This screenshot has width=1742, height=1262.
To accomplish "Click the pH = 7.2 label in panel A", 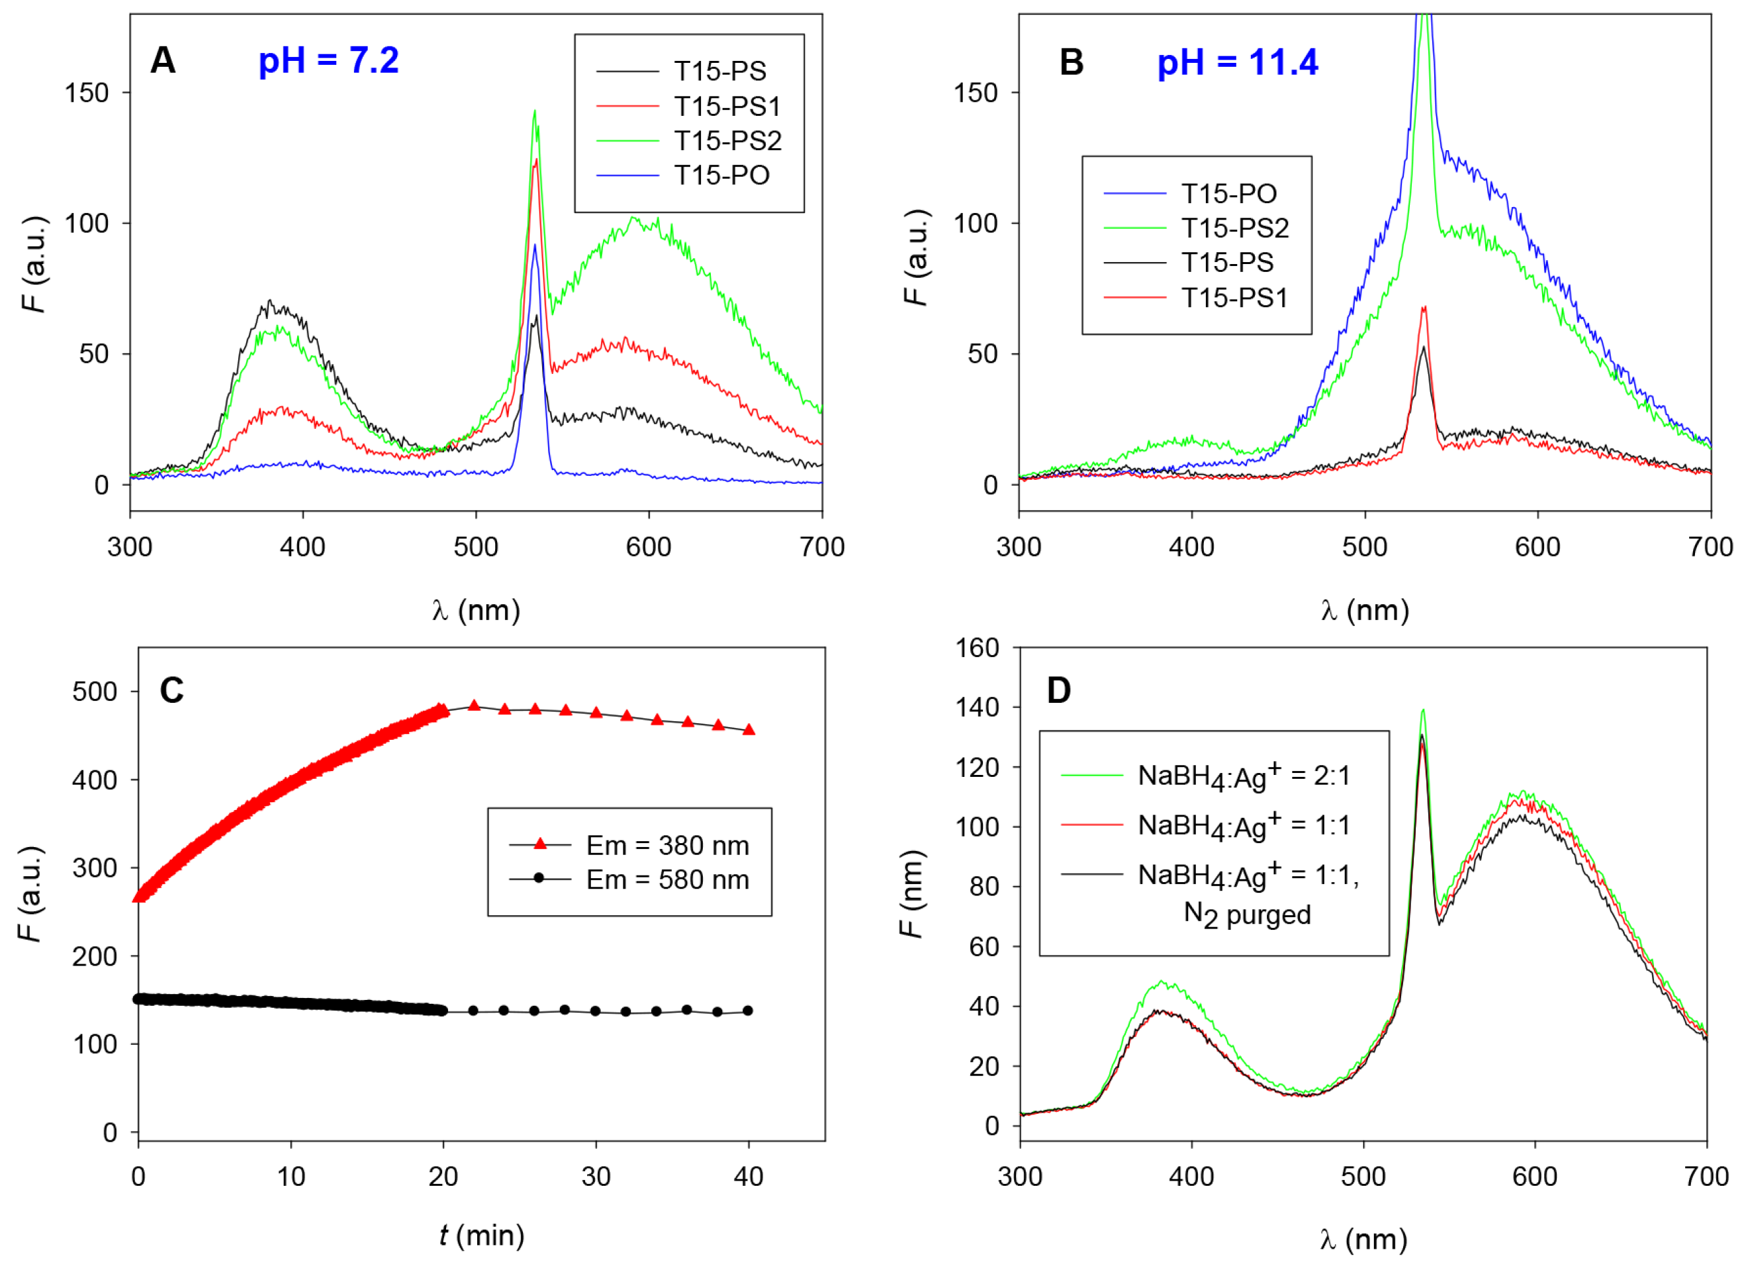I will pos(328,61).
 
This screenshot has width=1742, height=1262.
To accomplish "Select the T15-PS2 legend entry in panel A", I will pos(727,140).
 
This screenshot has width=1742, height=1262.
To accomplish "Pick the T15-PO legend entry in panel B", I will pos(1228,193).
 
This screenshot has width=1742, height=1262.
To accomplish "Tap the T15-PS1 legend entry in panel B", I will pos(1234,297).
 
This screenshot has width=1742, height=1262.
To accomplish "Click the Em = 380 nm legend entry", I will pos(666,845).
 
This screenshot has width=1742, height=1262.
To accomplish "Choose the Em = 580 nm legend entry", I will pos(666,879).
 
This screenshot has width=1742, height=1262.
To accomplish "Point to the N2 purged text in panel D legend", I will pos(1246,915).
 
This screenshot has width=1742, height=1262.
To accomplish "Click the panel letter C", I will pos(171,690).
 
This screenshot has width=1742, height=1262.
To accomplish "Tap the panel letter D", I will pos(1058,690).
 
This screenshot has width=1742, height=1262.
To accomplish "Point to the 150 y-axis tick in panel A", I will pos(86,93).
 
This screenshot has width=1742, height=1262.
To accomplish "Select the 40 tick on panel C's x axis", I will pos(748,1177).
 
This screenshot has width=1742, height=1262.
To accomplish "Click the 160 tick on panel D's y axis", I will pos(976,647).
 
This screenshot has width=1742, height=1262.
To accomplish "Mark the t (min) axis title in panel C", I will pos(482,1235).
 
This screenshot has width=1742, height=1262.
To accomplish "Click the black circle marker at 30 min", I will pos(595,1011).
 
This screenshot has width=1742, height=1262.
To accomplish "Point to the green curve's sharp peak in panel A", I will pos(535,112).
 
